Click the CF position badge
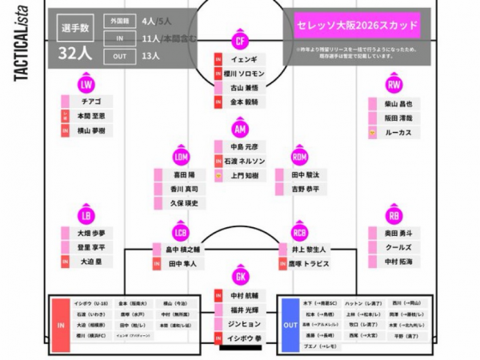(x=240, y=41)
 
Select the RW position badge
(x=394, y=84)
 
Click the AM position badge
(x=240, y=129)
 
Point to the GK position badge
(x=240, y=277)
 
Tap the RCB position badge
(x=300, y=233)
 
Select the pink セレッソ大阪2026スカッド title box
(x=357, y=26)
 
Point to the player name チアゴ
(x=90, y=102)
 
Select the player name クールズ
(x=398, y=247)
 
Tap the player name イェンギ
(x=243, y=59)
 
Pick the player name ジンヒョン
(x=244, y=324)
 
